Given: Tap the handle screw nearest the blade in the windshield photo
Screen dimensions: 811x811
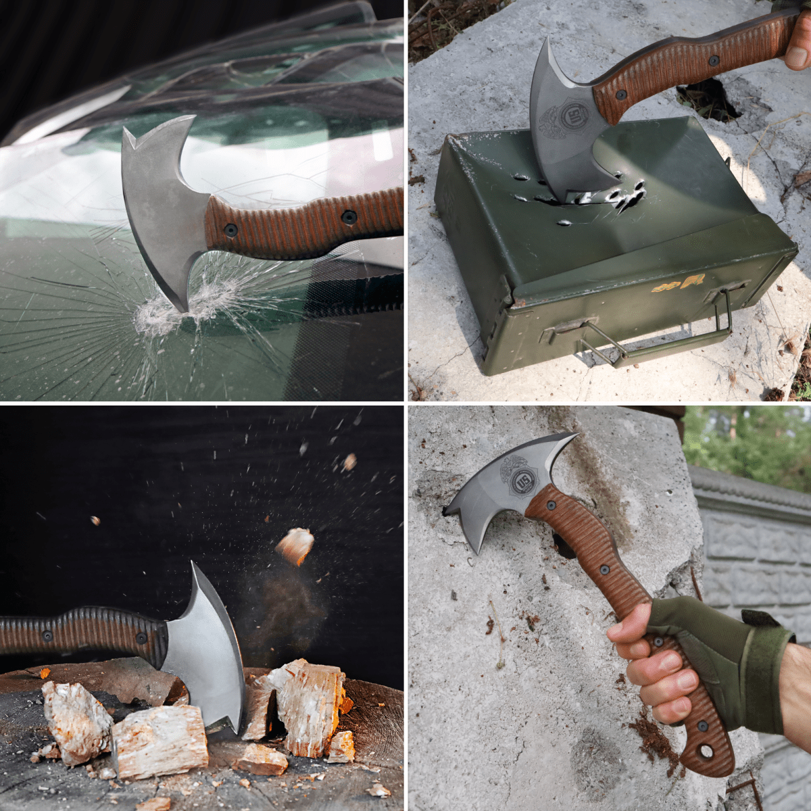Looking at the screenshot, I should pyautogui.click(x=230, y=230).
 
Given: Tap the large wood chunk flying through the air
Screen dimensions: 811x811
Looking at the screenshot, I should pyautogui.click(x=295, y=545).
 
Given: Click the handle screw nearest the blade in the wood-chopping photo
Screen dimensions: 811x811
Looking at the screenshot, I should pyautogui.click(x=141, y=637).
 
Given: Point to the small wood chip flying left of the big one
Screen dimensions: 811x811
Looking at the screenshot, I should pyautogui.click(x=95, y=520).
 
